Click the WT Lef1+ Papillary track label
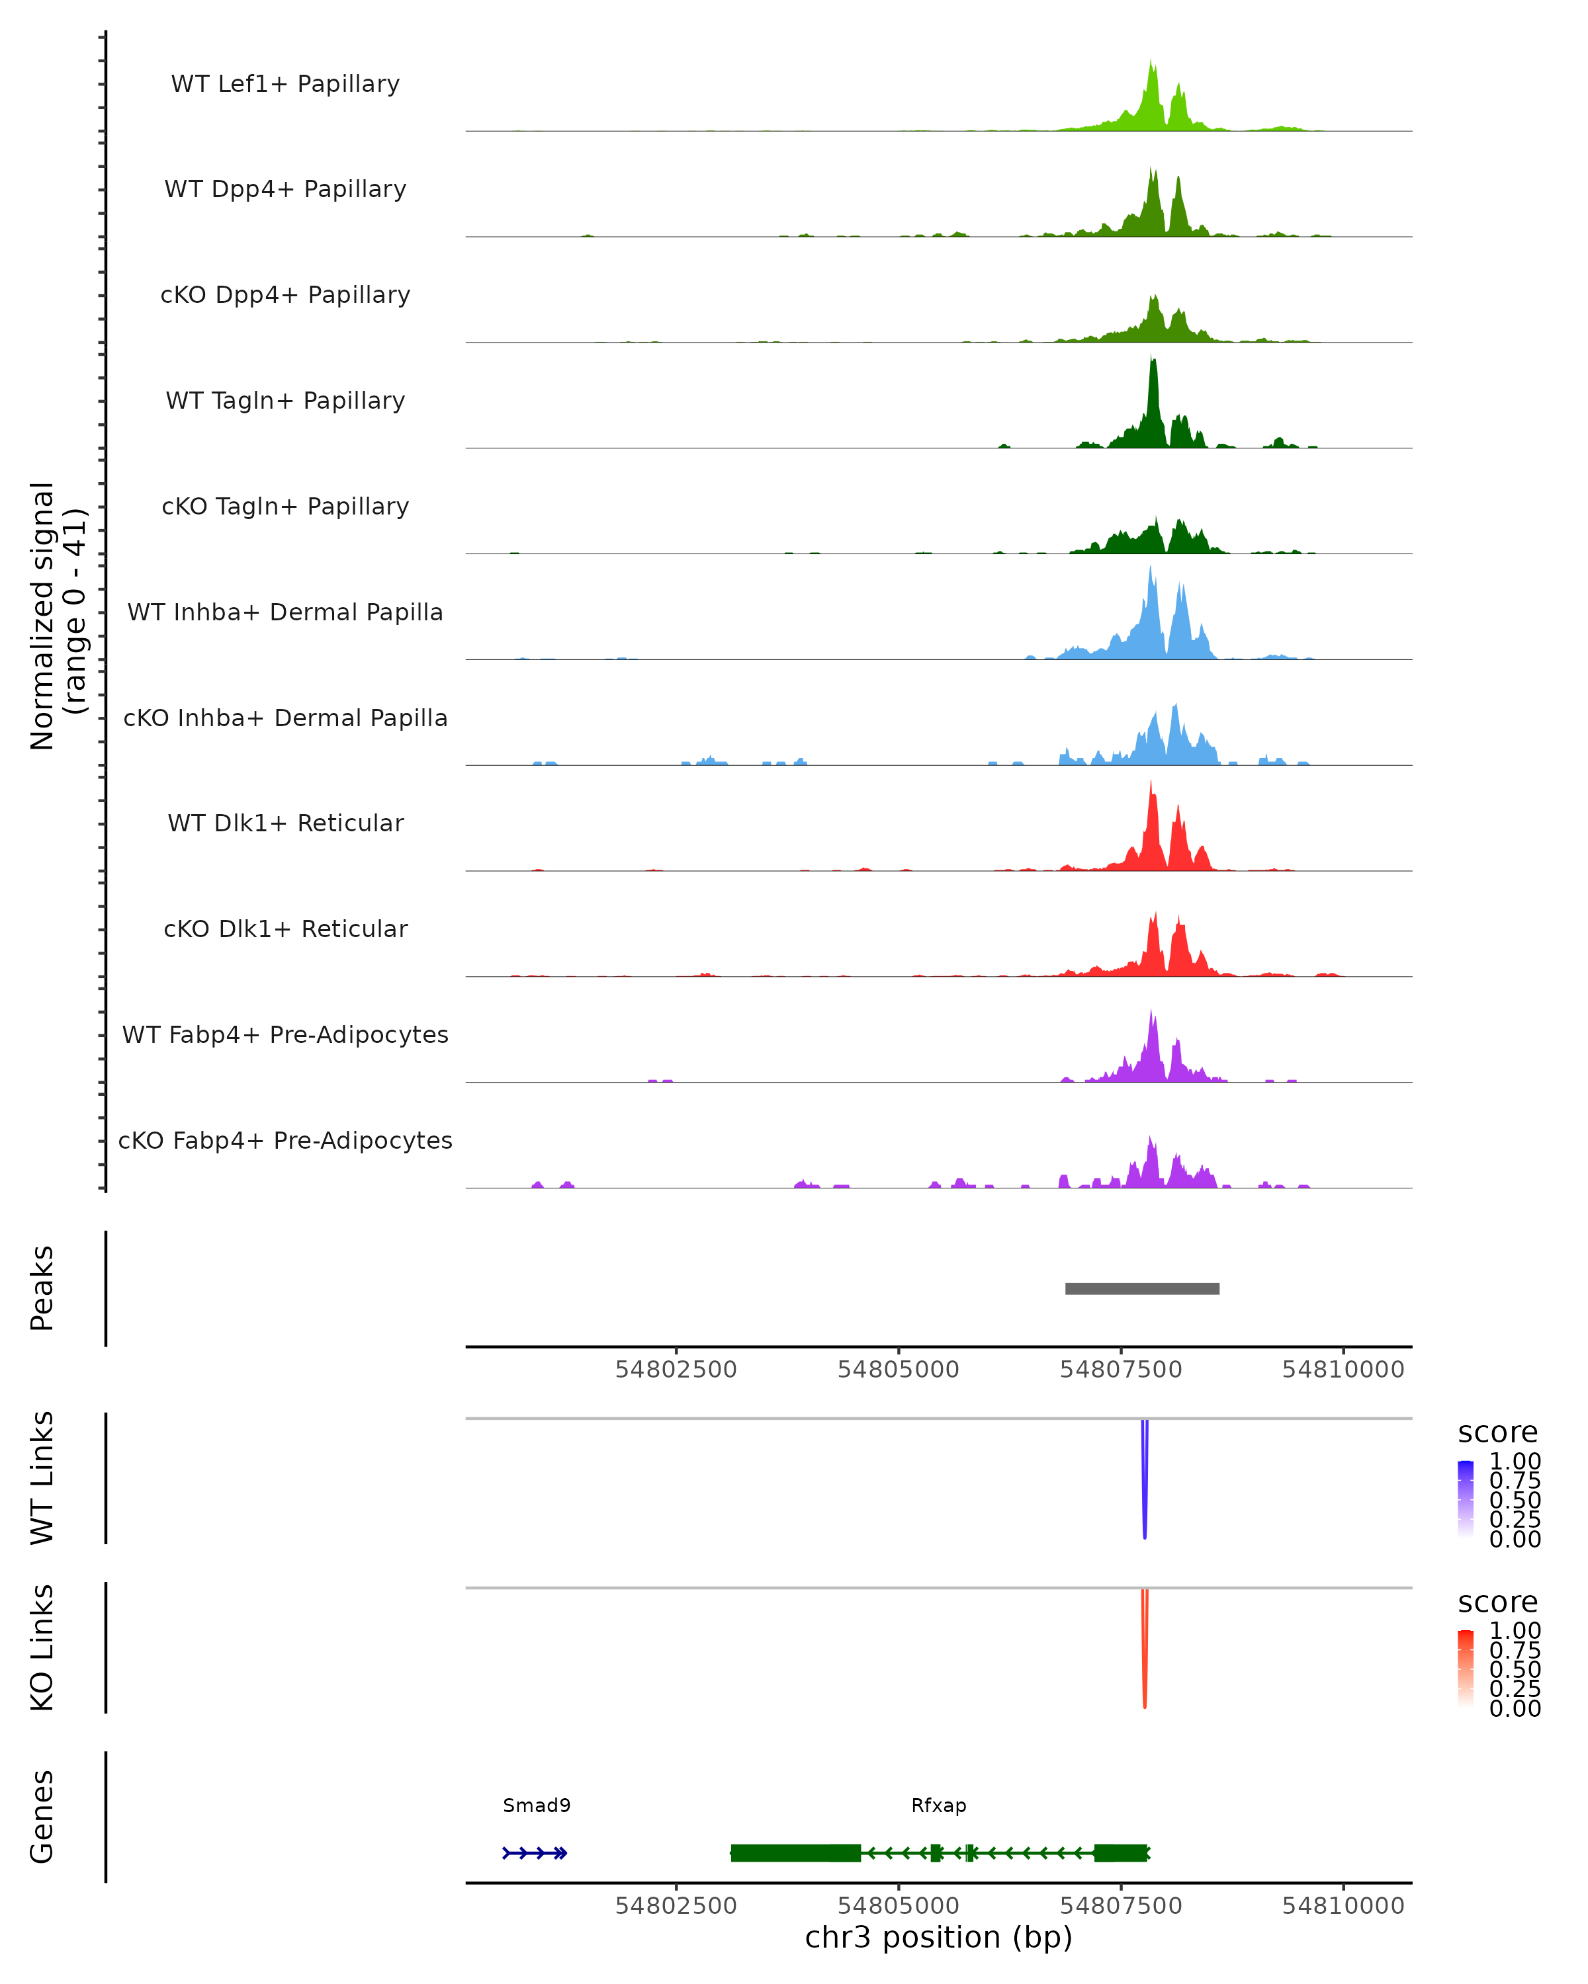[x=285, y=84]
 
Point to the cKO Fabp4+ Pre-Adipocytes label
[x=285, y=1140]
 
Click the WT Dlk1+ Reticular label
[x=285, y=823]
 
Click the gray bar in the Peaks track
[x=1141, y=1288]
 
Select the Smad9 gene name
[x=537, y=1805]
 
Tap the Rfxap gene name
[x=938, y=1805]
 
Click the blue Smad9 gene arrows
[x=535, y=1853]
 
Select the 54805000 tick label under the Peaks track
[x=898, y=1370]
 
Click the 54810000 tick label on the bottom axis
[x=1343, y=1906]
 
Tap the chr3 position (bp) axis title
[x=938, y=1938]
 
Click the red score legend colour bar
[x=1466, y=1667]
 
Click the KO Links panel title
[x=42, y=1647]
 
